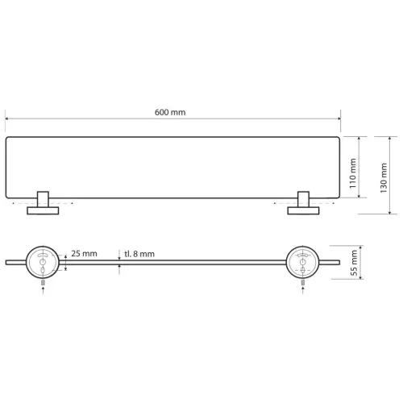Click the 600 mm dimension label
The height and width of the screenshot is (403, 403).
point(170,112)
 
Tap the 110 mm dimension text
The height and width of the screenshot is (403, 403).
point(353,173)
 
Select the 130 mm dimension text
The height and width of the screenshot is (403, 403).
point(384,178)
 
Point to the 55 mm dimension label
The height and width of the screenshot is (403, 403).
point(355,263)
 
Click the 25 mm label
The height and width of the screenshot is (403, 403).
point(84,253)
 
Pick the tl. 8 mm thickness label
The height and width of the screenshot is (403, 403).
point(139,254)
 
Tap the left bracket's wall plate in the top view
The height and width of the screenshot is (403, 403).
point(43,210)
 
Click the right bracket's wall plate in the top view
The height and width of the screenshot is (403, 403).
point(303,210)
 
